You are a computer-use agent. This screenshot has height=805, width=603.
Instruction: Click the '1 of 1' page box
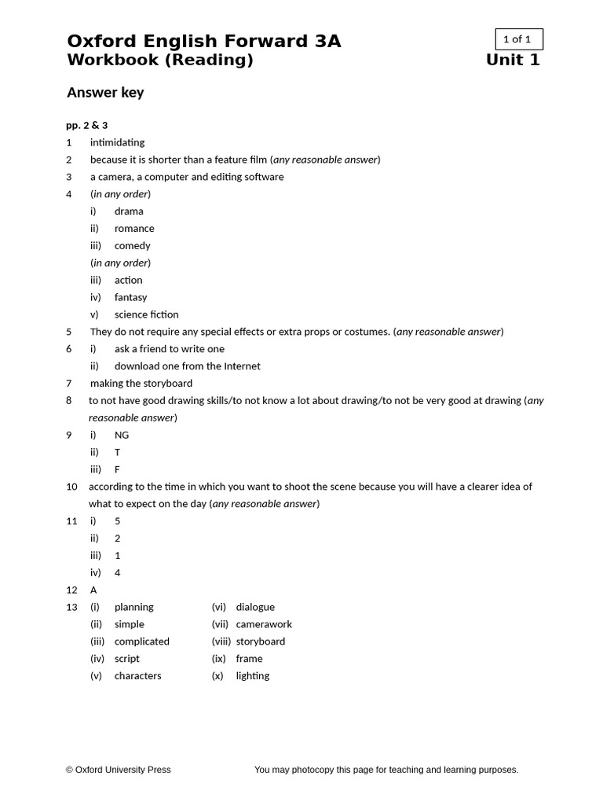pyautogui.click(x=518, y=39)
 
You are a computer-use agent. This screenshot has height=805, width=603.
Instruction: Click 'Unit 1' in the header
pyautogui.click(x=513, y=61)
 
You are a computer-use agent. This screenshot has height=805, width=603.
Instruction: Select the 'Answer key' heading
pyautogui.click(x=105, y=93)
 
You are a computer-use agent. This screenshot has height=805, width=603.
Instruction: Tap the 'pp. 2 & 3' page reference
pyautogui.click(x=87, y=125)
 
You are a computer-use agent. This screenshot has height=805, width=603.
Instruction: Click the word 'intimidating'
pyautogui.click(x=118, y=142)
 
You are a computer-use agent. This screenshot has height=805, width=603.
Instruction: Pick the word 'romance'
pyautogui.click(x=134, y=229)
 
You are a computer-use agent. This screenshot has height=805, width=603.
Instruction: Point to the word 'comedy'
pyautogui.click(x=133, y=246)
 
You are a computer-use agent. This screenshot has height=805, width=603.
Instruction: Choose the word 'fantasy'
pyautogui.click(x=131, y=297)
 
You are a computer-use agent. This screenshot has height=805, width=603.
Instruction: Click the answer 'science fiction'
pyautogui.click(x=147, y=314)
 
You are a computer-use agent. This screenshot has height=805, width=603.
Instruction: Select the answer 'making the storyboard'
pyautogui.click(x=141, y=384)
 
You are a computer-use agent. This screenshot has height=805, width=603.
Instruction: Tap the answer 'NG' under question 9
pyautogui.click(x=122, y=436)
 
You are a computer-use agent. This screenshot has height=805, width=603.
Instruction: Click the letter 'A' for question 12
pyautogui.click(x=93, y=590)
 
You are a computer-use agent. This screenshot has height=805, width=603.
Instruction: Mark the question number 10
pyautogui.click(x=71, y=487)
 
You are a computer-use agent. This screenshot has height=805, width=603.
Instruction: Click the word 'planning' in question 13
pyautogui.click(x=134, y=608)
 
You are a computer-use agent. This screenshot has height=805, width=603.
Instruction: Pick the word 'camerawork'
pyautogui.click(x=264, y=624)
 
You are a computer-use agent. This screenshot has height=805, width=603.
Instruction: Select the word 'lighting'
pyautogui.click(x=253, y=676)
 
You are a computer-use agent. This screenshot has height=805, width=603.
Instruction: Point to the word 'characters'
pyautogui.click(x=138, y=676)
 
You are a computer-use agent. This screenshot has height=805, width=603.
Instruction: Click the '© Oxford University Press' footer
pyautogui.click(x=119, y=770)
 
